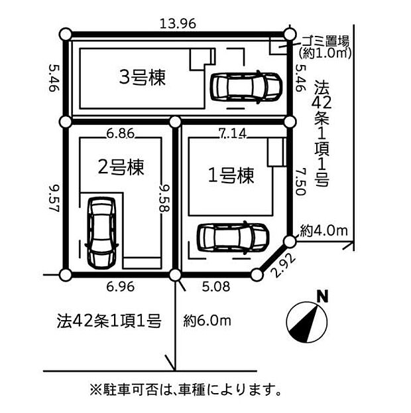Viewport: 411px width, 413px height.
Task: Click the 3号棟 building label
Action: (143, 77)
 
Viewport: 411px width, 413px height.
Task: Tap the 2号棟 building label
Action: (121, 167)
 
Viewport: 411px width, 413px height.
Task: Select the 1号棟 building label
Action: (231, 175)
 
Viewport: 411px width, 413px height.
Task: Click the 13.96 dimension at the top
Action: (178, 24)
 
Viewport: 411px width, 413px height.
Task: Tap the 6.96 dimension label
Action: (121, 287)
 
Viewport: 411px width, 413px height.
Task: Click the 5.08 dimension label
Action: (216, 287)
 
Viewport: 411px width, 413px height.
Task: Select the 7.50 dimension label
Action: (300, 181)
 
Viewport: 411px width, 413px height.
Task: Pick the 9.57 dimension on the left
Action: (54, 198)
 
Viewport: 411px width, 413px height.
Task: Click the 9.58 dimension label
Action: (165, 198)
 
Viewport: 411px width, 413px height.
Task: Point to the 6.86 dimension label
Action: (121, 133)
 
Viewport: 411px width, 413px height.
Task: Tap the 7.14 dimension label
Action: (233, 133)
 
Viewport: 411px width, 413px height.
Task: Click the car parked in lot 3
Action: (246, 86)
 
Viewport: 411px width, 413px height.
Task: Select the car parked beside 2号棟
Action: (102, 233)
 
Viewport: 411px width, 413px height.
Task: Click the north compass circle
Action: (307, 322)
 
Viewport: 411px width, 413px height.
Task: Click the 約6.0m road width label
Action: (207, 321)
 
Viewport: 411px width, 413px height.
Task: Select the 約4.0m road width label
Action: (323, 230)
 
